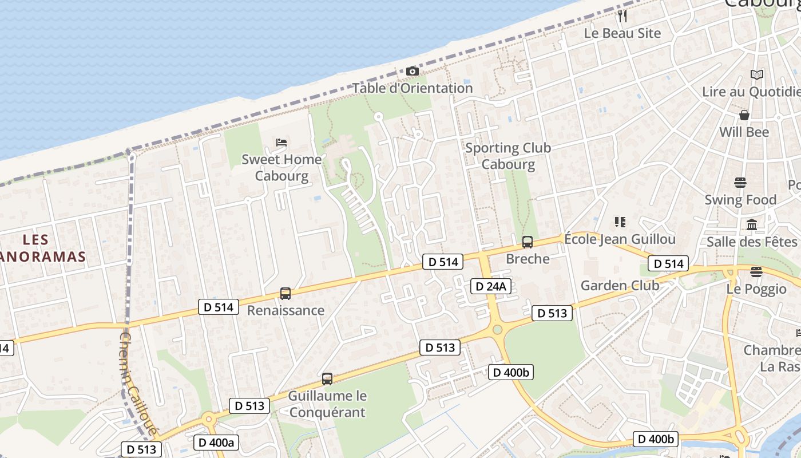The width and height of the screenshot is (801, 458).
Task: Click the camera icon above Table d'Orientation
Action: [x=413, y=72]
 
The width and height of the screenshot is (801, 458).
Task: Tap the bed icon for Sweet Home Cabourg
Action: [x=281, y=143]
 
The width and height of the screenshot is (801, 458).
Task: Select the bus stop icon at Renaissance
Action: [x=285, y=294]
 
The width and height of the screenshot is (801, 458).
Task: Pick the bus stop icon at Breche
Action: [x=528, y=242]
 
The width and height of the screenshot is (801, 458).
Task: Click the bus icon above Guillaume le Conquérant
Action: [x=327, y=378]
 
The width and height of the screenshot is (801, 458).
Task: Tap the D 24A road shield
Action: [x=490, y=286]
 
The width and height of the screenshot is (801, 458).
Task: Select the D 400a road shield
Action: [x=216, y=443]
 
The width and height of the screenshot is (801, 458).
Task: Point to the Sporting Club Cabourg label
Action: [x=508, y=156]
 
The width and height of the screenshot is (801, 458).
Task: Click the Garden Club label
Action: [x=620, y=285]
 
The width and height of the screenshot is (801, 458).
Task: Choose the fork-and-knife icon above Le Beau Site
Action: [x=622, y=16]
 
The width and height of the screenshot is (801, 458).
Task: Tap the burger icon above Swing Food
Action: [x=740, y=183]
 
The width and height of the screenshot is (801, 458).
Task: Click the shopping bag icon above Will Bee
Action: [x=744, y=115]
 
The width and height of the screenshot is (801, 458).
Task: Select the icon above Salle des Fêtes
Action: [x=752, y=225]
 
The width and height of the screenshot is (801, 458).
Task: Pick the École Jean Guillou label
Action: [x=620, y=239]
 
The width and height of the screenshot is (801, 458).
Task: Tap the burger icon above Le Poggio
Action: [x=756, y=272]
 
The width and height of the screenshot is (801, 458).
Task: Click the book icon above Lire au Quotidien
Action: [x=756, y=74]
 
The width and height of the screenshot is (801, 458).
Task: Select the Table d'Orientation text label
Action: [x=413, y=88]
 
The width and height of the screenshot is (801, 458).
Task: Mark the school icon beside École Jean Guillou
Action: [x=620, y=222]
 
